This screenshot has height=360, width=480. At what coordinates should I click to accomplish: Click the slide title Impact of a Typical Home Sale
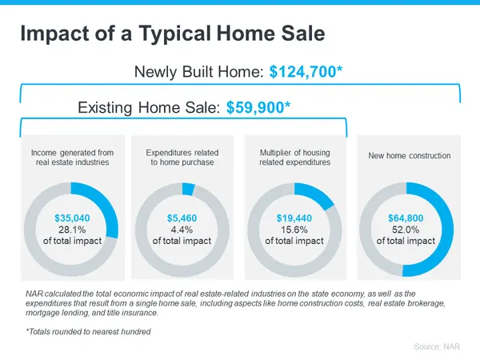coord(172,34)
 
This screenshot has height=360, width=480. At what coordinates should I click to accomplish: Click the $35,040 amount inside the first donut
coord(70,218)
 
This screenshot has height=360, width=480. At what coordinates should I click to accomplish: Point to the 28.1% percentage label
coord(70,229)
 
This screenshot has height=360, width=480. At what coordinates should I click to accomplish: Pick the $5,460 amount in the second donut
coord(182,218)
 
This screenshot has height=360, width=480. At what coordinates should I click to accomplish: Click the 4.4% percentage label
coord(182,229)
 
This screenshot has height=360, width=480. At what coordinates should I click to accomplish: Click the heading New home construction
coord(409,155)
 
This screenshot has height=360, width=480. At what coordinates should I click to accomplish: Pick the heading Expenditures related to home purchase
coord(182,157)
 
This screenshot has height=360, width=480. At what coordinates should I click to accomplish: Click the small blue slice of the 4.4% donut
coord(188,189)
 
